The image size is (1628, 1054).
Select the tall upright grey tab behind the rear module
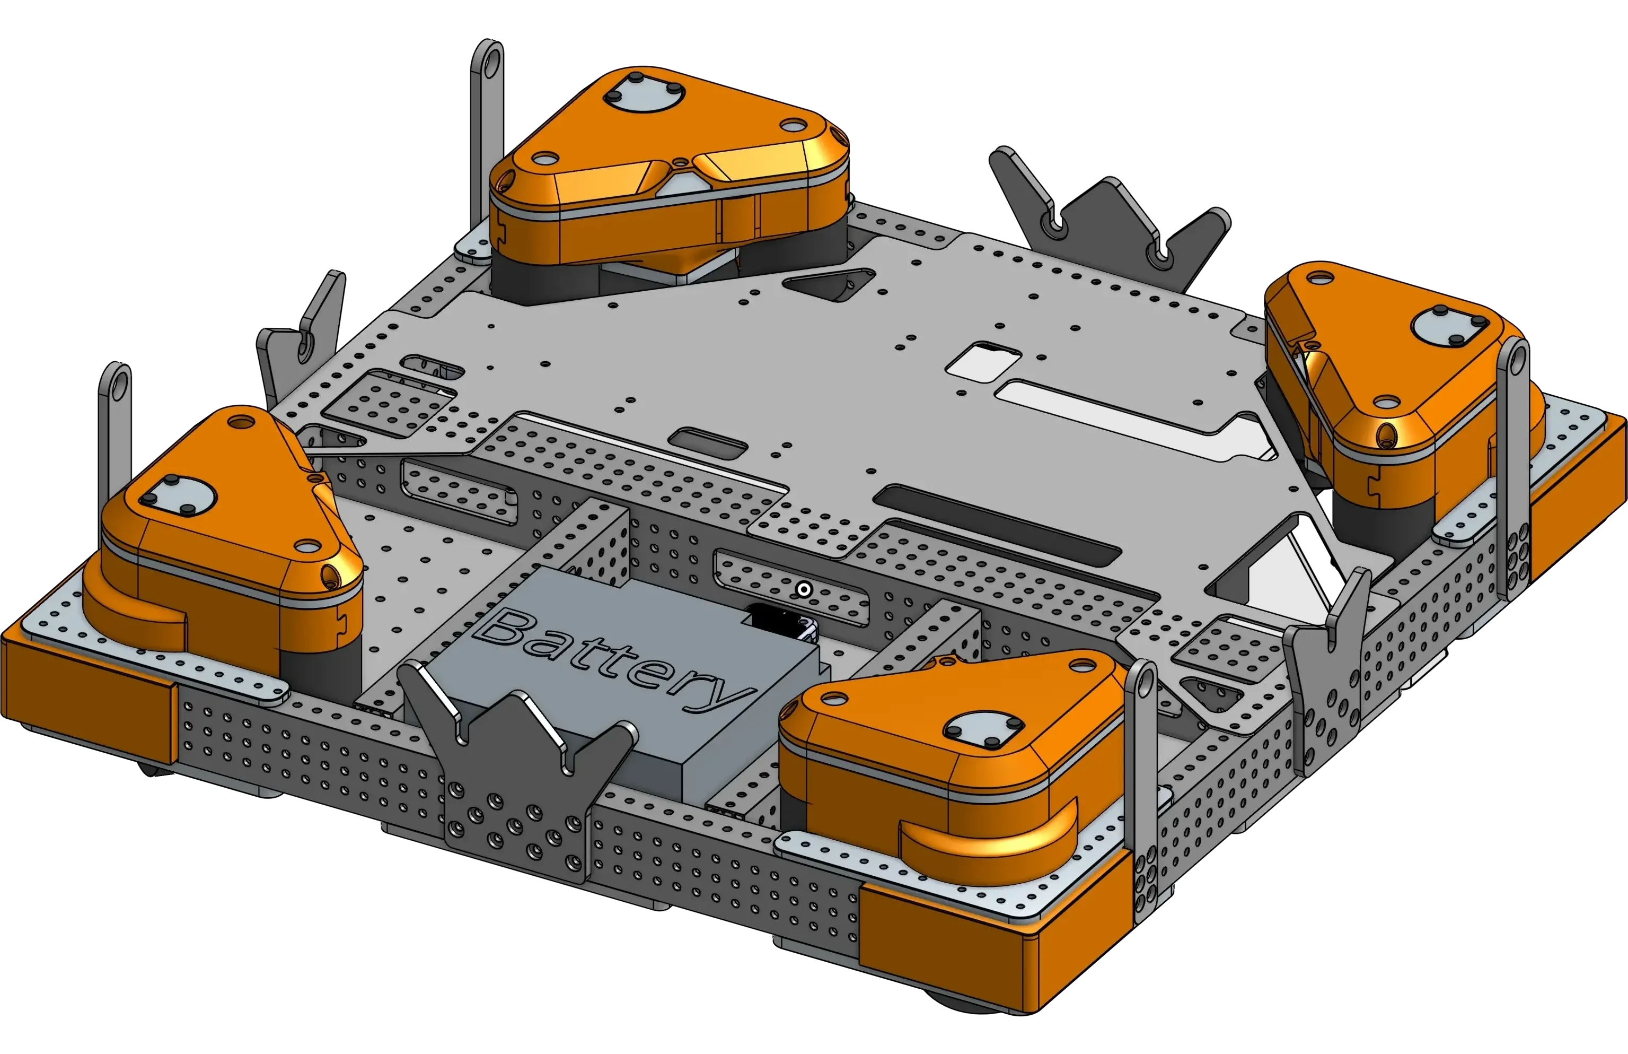(x=488, y=137)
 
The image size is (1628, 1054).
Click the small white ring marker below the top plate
(x=804, y=589)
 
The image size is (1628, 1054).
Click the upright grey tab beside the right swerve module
(x=1510, y=465)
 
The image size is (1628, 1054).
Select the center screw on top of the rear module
(x=681, y=163)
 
